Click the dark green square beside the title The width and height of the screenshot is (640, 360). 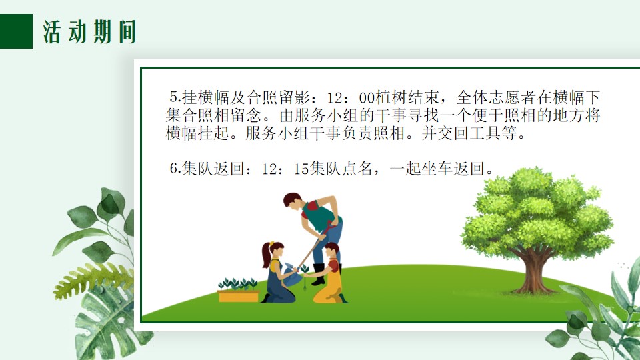[x=16, y=31]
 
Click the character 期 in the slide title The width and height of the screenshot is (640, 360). [x=102, y=32]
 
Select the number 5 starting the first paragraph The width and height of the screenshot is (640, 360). [x=174, y=97]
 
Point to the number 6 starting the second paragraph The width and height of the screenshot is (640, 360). [x=174, y=169]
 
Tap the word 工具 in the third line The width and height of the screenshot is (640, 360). [x=485, y=133]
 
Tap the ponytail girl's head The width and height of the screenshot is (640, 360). [x=272, y=249]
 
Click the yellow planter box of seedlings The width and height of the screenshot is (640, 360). [x=239, y=295]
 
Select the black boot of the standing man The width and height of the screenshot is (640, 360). [x=319, y=274]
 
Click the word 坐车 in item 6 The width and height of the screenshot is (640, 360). [x=437, y=169]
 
